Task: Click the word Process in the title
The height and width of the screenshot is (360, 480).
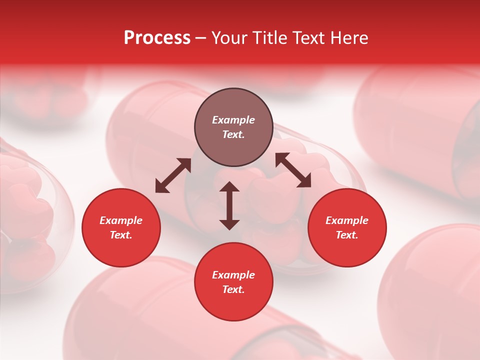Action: (x=157, y=38)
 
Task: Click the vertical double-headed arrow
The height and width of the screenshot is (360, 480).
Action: (x=229, y=205)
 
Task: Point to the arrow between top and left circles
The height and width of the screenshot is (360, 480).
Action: (x=173, y=175)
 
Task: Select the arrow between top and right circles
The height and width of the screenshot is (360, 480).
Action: (x=293, y=170)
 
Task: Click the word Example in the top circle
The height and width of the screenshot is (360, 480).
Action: (x=233, y=120)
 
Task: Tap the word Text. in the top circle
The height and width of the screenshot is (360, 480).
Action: (x=233, y=134)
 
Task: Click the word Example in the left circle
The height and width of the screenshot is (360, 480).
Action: (x=121, y=220)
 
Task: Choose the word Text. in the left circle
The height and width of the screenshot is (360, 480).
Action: (x=121, y=235)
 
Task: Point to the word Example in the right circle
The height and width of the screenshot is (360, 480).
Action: (x=347, y=220)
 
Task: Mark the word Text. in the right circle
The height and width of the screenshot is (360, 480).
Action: (x=347, y=235)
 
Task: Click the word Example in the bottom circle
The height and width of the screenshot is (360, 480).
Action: (x=233, y=275)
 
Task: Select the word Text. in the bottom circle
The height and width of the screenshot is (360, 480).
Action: (x=233, y=289)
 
